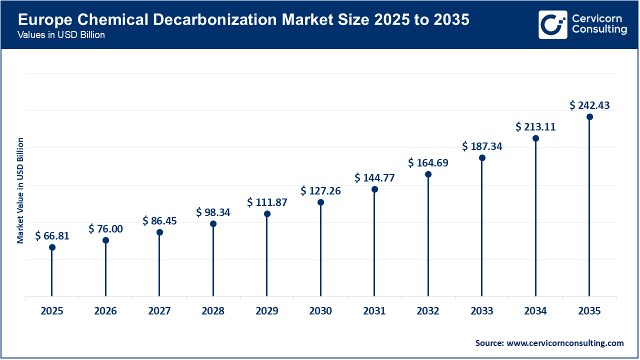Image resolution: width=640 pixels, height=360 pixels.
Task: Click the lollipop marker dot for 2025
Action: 52,247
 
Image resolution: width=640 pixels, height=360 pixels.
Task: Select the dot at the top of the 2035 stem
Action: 589,117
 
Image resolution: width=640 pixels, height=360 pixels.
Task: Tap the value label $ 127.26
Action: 320,191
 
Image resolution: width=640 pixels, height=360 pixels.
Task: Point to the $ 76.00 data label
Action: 105,229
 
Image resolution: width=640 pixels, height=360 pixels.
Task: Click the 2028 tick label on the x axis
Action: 213,311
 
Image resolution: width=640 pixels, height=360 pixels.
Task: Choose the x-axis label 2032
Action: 428,311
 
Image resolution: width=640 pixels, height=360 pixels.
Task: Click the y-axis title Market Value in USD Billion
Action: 20,190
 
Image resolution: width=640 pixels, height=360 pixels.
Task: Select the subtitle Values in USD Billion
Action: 61,35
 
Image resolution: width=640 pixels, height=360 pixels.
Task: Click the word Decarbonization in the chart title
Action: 195,20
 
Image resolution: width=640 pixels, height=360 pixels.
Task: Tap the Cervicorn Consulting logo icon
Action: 552,24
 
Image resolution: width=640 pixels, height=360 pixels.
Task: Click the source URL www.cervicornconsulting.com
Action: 565,343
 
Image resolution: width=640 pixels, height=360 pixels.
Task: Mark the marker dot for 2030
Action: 320,202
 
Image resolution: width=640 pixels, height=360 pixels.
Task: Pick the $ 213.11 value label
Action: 535,127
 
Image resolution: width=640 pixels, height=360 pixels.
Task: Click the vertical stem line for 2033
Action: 482,230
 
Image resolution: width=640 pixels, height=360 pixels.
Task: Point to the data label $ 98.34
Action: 213,212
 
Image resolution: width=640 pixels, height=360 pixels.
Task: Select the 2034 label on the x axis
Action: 535,311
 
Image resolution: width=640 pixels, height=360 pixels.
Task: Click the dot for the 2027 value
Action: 159,232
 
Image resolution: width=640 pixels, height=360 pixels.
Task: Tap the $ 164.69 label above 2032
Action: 428,163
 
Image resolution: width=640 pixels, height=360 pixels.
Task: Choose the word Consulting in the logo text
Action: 599,30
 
